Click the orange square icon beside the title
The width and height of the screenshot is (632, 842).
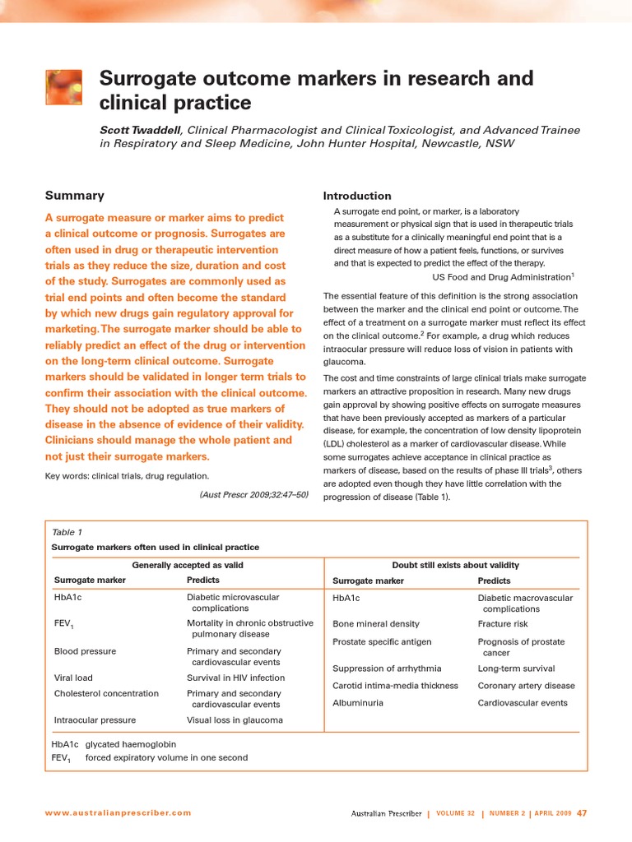63,87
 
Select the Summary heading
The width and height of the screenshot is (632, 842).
74,196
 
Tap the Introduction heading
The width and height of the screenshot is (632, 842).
357,196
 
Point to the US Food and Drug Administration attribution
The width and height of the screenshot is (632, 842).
497,277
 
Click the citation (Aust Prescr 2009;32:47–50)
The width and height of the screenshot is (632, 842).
253,494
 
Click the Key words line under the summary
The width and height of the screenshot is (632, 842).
127,476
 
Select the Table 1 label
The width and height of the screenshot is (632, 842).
67,532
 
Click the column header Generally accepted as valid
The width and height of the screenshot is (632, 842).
188,565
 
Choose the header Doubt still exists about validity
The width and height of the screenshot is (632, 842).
455,565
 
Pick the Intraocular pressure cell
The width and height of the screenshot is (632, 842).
95,719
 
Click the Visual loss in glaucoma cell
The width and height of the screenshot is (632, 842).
235,719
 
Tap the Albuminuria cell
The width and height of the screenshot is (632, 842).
357,703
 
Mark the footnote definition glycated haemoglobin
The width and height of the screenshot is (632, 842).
130,744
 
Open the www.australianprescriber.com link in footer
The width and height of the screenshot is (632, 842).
118,813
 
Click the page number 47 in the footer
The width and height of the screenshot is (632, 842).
581,813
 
